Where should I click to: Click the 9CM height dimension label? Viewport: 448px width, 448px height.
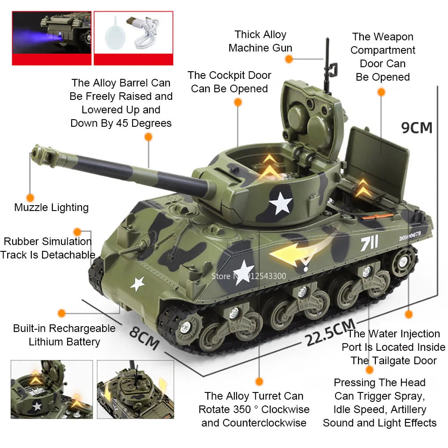pos(417,128)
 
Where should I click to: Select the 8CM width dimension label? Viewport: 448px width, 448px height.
pos(144,337)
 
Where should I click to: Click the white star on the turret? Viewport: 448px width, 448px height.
pos(281,203)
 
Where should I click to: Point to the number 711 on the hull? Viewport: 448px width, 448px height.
pos(370,243)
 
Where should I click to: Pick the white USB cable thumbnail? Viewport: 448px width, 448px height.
pos(133,33)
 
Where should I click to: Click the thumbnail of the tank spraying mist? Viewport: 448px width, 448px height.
pos(51,33)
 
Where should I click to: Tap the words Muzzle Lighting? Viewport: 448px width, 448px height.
pos(52,207)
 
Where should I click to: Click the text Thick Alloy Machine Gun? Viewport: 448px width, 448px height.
pos(260,41)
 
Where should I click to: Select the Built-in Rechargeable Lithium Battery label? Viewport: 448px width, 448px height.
pos(64,335)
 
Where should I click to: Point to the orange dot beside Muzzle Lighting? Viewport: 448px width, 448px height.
pos(30,198)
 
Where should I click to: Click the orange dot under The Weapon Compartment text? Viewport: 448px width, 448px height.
pos(381,92)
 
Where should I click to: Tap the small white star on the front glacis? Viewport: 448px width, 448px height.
pos(137,283)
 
